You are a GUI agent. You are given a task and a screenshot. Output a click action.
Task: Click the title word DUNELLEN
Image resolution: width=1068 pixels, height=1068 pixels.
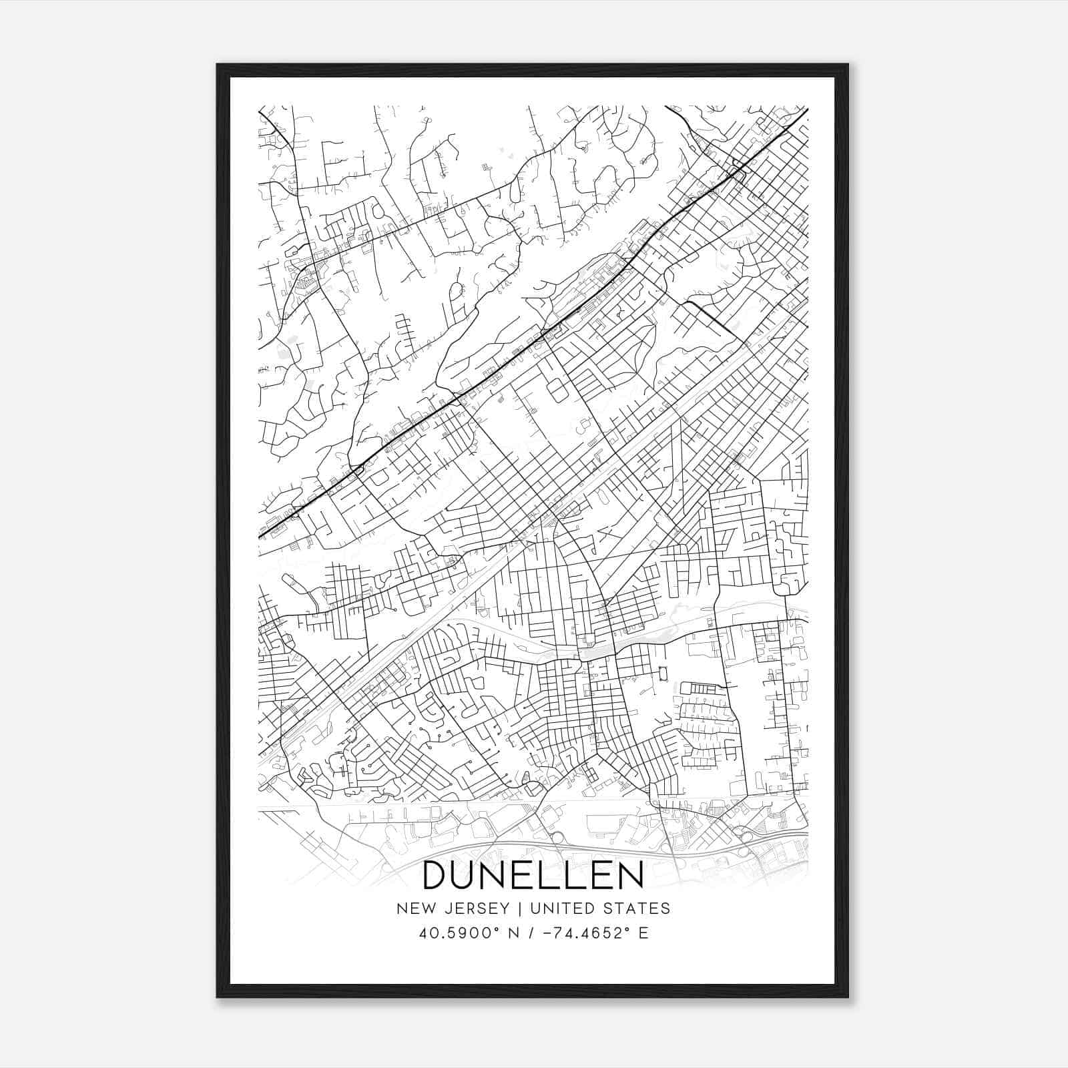[x=533, y=875]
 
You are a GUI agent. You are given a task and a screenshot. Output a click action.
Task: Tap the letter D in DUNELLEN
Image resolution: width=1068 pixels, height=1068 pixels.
[x=437, y=875]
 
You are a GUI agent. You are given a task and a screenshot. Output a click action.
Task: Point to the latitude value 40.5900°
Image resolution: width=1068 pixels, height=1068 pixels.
[x=449, y=933]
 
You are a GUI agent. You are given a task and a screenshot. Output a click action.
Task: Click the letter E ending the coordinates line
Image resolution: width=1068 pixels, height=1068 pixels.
[x=643, y=933]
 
